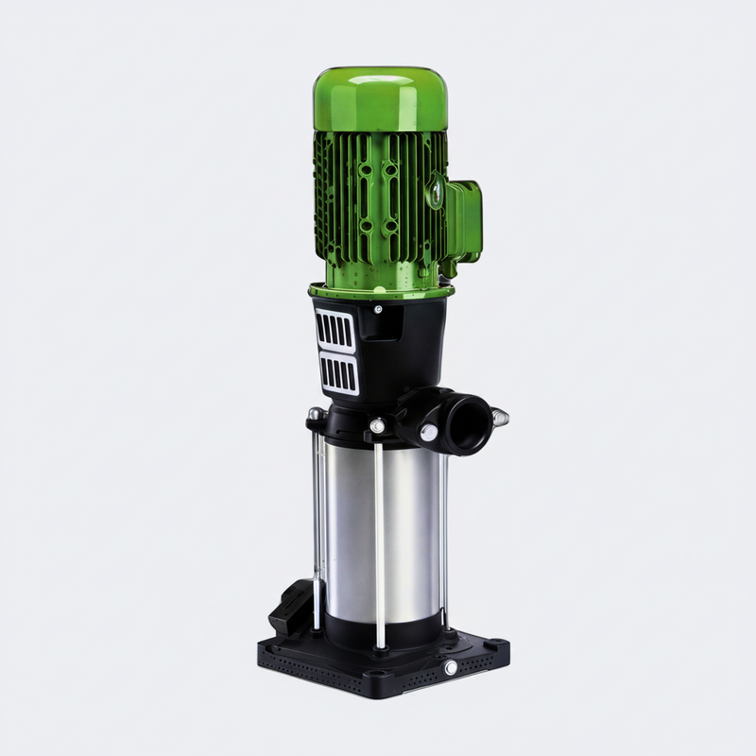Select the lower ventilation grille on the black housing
pyautogui.click(x=338, y=373)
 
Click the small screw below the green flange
pyautogui.click(x=378, y=308)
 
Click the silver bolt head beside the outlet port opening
pyautogui.click(x=428, y=433)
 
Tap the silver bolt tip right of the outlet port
pyautogui.click(x=500, y=416)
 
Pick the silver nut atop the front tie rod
pyautogui.click(x=377, y=427)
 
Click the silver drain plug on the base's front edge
pyautogui.click(x=450, y=669)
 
